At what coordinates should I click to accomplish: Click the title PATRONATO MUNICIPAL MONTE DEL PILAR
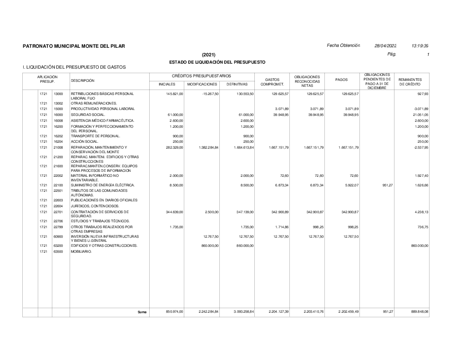(x=74, y=46)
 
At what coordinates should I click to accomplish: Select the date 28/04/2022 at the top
(x=385, y=46)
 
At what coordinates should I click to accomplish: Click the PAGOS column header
(x=341, y=80)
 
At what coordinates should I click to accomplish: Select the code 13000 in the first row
(x=58, y=94)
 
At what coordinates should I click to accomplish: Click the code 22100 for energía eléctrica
(x=58, y=185)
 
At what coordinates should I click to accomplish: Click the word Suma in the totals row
(x=142, y=312)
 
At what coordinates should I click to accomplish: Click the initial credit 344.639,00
(x=173, y=212)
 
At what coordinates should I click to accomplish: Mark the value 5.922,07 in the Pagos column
(x=350, y=185)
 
